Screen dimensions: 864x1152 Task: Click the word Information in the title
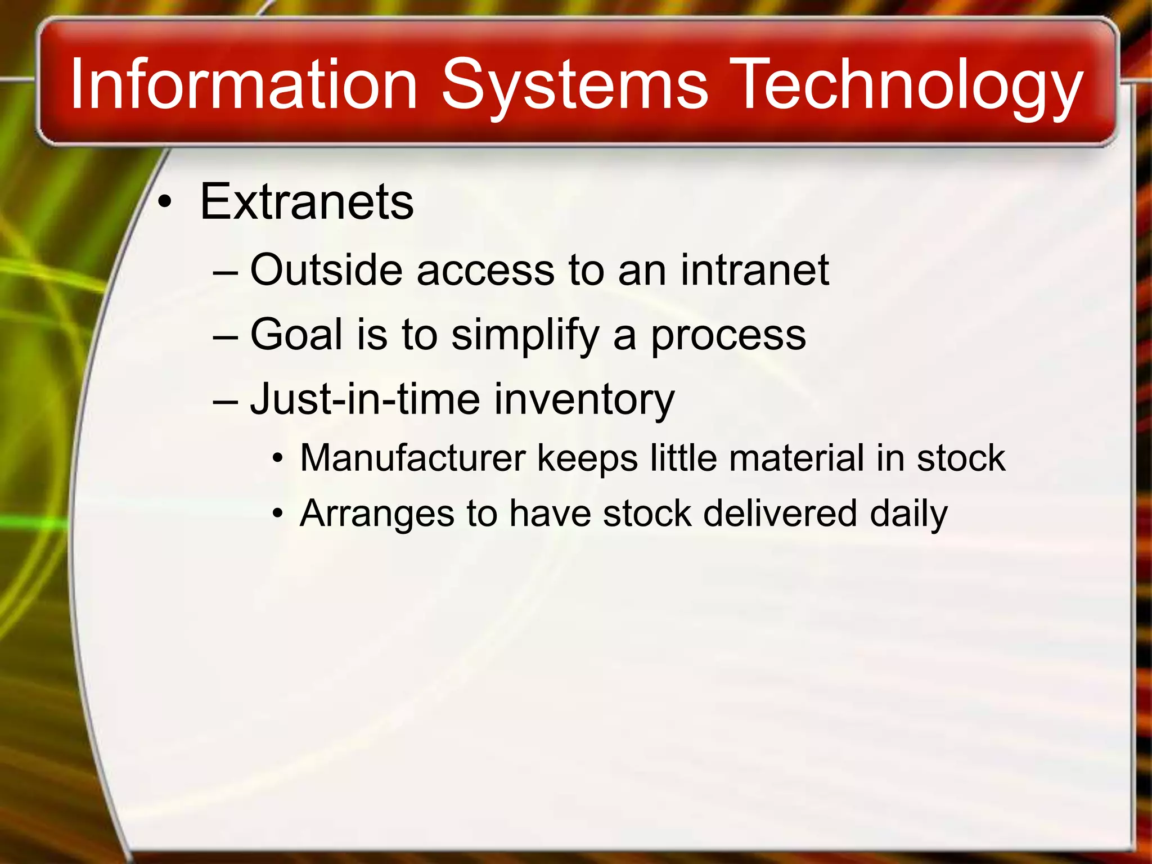pyautogui.click(x=243, y=84)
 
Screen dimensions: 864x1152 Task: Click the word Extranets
pyautogui.click(x=307, y=202)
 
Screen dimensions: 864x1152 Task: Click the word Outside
pyautogui.click(x=326, y=270)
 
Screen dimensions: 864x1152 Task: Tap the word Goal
pyautogui.click(x=296, y=334)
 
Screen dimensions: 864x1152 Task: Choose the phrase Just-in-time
pyautogui.click(x=365, y=399)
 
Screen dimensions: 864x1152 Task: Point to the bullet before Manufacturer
pyautogui.click(x=277, y=459)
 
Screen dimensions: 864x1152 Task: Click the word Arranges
pyautogui.click(x=377, y=514)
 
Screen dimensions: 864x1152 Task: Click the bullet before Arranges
pyautogui.click(x=277, y=514)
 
